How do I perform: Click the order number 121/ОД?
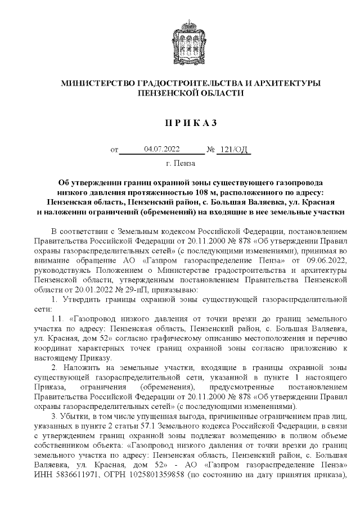coord(235,149)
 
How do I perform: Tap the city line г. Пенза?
coord(181,164)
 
